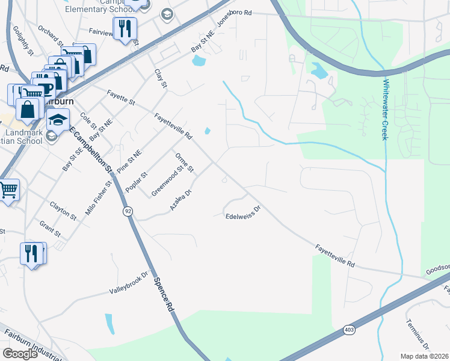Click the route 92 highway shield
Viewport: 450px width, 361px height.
pyautogui.click(x=128, y=211)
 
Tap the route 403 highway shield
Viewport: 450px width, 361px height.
pyautogui.click(x=349, y=329)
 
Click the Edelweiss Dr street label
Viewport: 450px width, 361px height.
pyautogui.click(x=243, y=212)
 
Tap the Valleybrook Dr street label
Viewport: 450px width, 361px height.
pyautogui.click(x=128, y=283)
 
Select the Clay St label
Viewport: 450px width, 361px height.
pyautogui.click(x=160, y=79)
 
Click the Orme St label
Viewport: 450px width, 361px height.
pyautogui.click(x=184, y=162)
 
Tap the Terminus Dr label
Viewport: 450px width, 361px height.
pyautogui.click(x=418, y=335)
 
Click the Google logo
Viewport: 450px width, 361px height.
pyautogui.click(x=20, y=354)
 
